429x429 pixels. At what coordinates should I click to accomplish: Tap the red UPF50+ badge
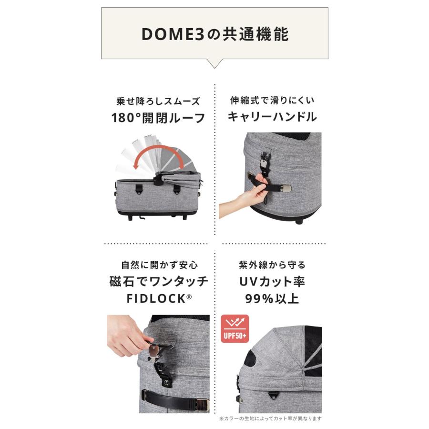point(235,328)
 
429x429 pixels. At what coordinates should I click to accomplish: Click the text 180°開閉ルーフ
point(158,118)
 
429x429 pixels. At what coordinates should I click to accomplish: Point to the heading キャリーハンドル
point(272,117)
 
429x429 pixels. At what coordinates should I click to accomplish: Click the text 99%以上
point(272,298)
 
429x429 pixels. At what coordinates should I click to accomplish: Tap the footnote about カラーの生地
point(270,419)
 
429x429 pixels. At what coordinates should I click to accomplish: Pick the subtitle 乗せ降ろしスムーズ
point(158,102)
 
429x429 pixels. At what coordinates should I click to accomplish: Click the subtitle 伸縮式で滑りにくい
point(272,101)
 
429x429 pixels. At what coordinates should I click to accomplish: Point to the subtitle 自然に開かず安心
point(160,265)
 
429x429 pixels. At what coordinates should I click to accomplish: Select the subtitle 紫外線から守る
point(272,265)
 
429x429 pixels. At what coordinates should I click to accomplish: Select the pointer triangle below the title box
point(215,63)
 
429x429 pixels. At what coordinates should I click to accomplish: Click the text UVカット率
point(272,282)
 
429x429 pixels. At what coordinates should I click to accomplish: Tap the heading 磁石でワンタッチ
point(159,282)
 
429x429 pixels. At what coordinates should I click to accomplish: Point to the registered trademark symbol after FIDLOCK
point(189,296)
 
